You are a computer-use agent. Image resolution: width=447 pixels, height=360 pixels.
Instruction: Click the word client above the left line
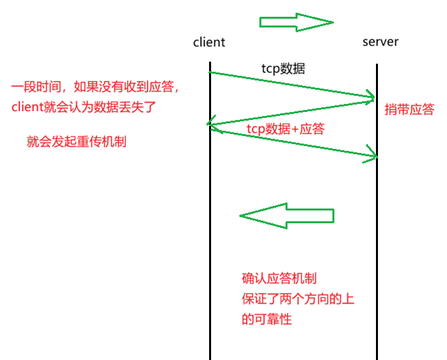pyautogui.click(x=209, y=42)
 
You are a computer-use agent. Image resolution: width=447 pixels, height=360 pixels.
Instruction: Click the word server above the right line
pyautogui.click(x=380, y=42)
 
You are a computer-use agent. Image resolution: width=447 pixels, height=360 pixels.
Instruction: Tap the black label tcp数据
pyautogui.click(x=283, y=68)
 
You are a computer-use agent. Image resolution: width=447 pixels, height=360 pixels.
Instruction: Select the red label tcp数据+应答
pyautogui.click(x=285, y=129)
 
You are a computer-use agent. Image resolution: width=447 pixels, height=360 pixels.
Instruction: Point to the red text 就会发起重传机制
pyautogui.click(x=76, y=141)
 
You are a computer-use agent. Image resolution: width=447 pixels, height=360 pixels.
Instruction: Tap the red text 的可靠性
pyautogui.click(x=267, y=319)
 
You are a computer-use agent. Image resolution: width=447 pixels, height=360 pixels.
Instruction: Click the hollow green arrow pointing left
pyautogui.click(x=287, y=216)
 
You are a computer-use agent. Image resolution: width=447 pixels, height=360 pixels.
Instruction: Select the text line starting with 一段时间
pyautogui.click(x=98, y=88)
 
